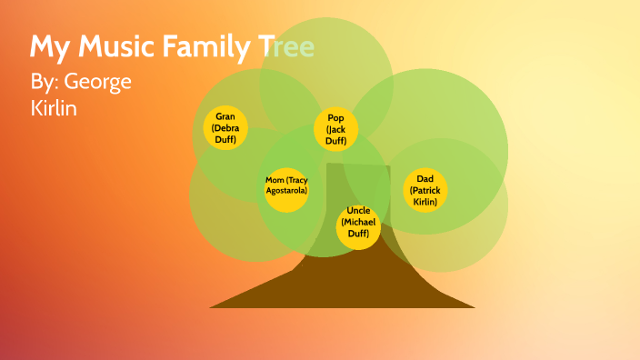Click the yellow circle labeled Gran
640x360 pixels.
click(x=225, y=128)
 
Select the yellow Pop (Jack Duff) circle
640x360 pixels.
click(x=336, y=130)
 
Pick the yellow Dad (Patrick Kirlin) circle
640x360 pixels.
click(x=425, y=190)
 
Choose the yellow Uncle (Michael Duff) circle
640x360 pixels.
click(x=358, y=227)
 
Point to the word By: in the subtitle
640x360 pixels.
click(x=45, y=82)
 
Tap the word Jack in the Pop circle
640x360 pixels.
click(x=337, y=130)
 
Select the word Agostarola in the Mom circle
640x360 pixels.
click(x=286, y=191)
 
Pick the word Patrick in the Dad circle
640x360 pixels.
click(x=425, y=190)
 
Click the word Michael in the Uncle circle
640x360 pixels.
click(x=358, y=223)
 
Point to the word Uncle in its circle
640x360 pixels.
click(x=358, y=212)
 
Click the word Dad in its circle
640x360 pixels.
click(x=425, y=179)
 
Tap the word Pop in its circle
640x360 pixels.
click(x=336, y=118)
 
